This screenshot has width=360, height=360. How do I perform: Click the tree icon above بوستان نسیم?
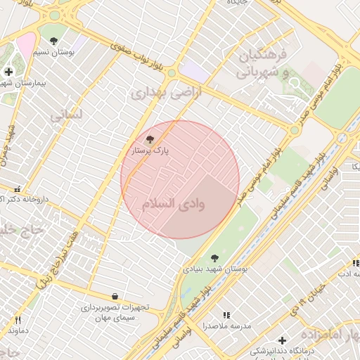[53, 41]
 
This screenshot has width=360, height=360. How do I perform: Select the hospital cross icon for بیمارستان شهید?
[8, 71]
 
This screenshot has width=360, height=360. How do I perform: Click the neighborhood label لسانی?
[67, 114]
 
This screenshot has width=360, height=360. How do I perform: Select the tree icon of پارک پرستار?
[149, 139]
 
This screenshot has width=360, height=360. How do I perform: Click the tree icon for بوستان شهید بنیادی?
[214, 258]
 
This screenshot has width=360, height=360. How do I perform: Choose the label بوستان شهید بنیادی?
[210, 269]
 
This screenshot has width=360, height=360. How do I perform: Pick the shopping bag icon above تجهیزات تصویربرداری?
[115, 296]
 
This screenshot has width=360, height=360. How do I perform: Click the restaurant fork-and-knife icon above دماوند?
[18, 320]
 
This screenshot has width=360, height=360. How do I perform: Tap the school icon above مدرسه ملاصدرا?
[226, 316]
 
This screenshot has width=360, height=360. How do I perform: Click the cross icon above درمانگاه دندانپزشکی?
[282, 340]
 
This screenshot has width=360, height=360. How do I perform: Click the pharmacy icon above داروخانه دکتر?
[17, 188]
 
